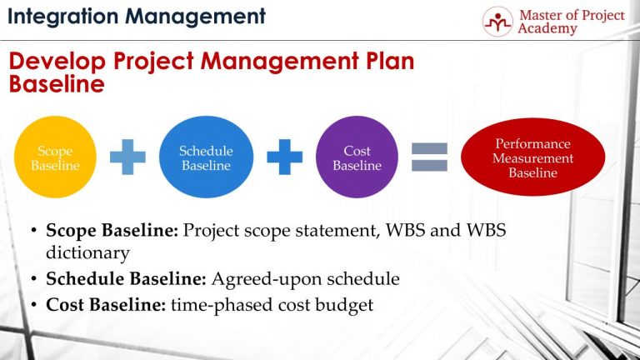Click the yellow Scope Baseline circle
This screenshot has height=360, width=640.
click(54, 157)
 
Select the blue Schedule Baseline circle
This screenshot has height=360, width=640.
click(206, 157)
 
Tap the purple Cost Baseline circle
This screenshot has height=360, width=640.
click(357, 157)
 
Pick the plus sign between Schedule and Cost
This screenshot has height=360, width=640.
click(283, 157)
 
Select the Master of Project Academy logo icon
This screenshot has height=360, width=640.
click(498, 22)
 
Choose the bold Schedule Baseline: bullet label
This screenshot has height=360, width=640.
click(127, 279)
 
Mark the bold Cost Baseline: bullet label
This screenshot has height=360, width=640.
click(106, 305)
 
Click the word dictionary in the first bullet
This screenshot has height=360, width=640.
click(86, 252)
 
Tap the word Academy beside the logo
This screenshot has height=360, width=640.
click(547, 29)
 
